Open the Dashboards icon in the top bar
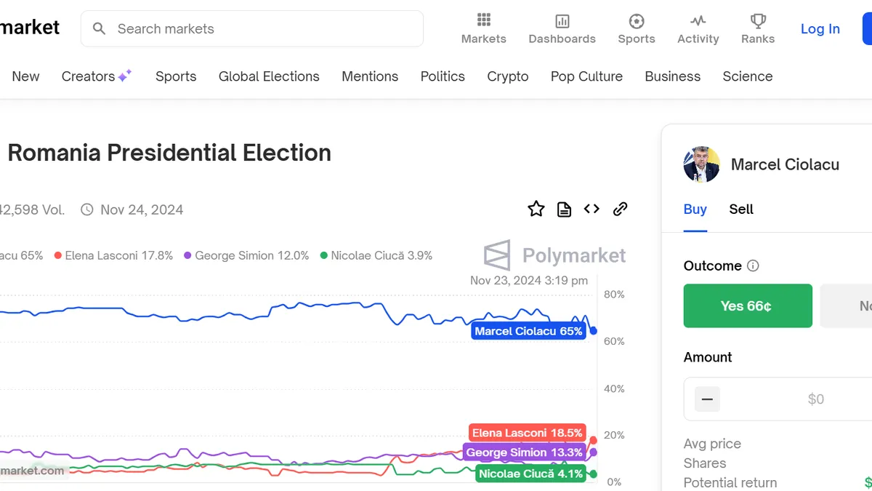click(x=562, y=21)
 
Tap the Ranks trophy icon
click(x=758, y=21)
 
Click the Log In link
click(x=820, y=29)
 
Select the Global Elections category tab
click(x=269, y=76)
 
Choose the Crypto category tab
click(x=507, y=76)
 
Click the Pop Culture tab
click(x=586, y=76)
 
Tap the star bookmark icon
click(x=536, y=209)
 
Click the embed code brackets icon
click(x=592, y=209)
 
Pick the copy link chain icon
click(x=620, y=209)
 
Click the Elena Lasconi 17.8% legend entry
click(x=114, y=255)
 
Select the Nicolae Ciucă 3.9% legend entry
click(x=376, y=255)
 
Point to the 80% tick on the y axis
click(x=614, y=295)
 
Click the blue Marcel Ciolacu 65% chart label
click(x=528, y=332)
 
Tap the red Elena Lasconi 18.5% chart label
click(x=527, y=433)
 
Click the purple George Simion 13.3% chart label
click(x=524, y=452)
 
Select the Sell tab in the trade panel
click(x=741, y=209)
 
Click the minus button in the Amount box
click(x=707, y=399)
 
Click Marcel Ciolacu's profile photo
click(x=701, y=164)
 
